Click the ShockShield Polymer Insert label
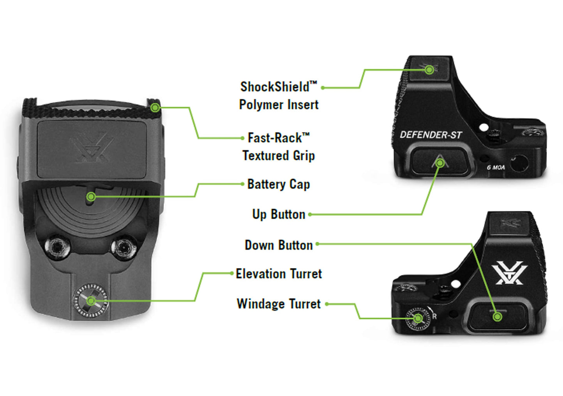[279, 95]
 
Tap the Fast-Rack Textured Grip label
[279, 147]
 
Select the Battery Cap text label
[279, 184]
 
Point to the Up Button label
[279, 214]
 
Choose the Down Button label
[279, 245]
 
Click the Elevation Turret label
[279, 274]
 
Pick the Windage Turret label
[279, 304]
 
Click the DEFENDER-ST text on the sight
[431, 135]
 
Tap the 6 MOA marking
[496, 168]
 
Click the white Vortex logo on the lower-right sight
[509, 273]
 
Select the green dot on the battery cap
[91, 196]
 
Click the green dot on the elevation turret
[91, 301]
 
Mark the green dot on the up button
[440, 163]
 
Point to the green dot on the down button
[497, 317]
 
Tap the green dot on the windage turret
[418, 318]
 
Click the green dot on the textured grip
[155, 107]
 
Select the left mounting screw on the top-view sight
[57, 246]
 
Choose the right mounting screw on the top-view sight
[124, 246]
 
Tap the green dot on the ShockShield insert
[429, 70]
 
